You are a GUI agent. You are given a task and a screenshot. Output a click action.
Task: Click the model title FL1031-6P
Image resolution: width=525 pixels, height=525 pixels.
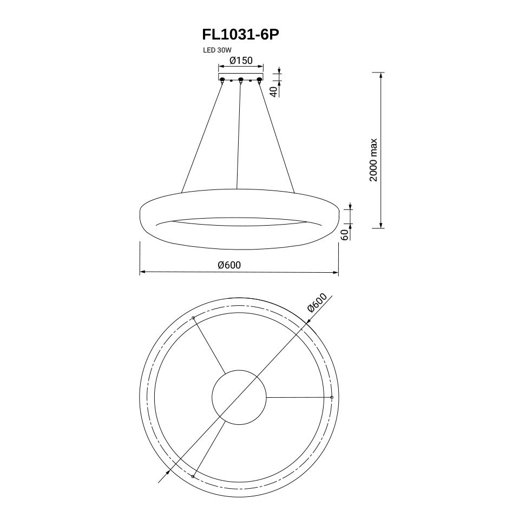240,35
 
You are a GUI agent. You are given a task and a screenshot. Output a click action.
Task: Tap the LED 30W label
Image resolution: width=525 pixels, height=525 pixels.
217,50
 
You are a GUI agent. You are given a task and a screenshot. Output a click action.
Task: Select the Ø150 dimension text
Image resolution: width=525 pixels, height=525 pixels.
241,61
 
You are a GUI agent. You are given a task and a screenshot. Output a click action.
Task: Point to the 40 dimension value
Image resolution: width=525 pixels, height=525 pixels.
273,91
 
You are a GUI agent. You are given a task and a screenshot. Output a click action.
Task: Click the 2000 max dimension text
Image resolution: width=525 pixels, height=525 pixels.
373,160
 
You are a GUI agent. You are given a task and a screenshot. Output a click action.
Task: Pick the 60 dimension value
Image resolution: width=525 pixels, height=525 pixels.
344,235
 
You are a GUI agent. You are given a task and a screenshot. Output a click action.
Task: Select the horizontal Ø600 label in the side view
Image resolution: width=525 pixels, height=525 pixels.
229,265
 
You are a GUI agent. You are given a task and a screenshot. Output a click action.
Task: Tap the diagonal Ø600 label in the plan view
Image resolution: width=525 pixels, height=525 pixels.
317,303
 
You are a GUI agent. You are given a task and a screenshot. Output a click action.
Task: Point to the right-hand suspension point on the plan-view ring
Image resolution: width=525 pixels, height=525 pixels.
332,397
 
